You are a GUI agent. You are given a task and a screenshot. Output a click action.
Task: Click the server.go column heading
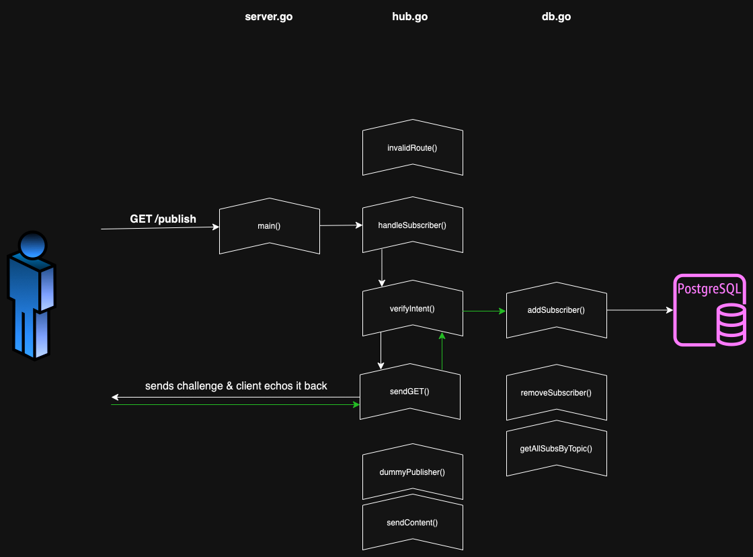point(268,17)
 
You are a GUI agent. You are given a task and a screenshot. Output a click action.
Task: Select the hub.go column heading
point(409,17)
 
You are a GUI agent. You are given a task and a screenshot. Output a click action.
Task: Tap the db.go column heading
point(556,17)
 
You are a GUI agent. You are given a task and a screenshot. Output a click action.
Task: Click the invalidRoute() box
point(412,148)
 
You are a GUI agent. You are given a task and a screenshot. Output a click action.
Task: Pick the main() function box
point(269,226)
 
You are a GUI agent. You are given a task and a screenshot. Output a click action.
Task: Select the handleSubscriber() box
point(412,225)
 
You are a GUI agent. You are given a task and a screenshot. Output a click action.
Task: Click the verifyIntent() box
point(412,309)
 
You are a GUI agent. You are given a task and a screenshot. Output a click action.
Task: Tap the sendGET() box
point(409,392)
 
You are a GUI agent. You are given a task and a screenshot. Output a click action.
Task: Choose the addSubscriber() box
point(556,310)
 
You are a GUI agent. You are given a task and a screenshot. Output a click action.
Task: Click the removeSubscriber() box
point(556,392)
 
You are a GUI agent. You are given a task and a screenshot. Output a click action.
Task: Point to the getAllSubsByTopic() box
point(556,448)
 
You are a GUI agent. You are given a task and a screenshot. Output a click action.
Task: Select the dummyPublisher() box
point(412,472)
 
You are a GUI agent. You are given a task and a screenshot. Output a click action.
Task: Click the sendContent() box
point(412,523)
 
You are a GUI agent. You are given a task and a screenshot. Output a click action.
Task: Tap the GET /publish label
point(163,219)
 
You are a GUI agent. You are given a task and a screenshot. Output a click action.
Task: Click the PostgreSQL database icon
point(710,310)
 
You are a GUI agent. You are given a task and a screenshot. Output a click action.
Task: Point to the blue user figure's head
point(32,244)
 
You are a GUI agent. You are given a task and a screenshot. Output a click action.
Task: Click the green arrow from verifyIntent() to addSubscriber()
point(484,311)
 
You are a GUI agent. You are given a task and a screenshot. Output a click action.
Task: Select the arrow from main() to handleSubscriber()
point(341,225)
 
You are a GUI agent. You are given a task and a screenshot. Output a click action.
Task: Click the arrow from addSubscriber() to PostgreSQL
point(639,310)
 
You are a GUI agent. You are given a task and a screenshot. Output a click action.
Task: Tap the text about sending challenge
point(236,386)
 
